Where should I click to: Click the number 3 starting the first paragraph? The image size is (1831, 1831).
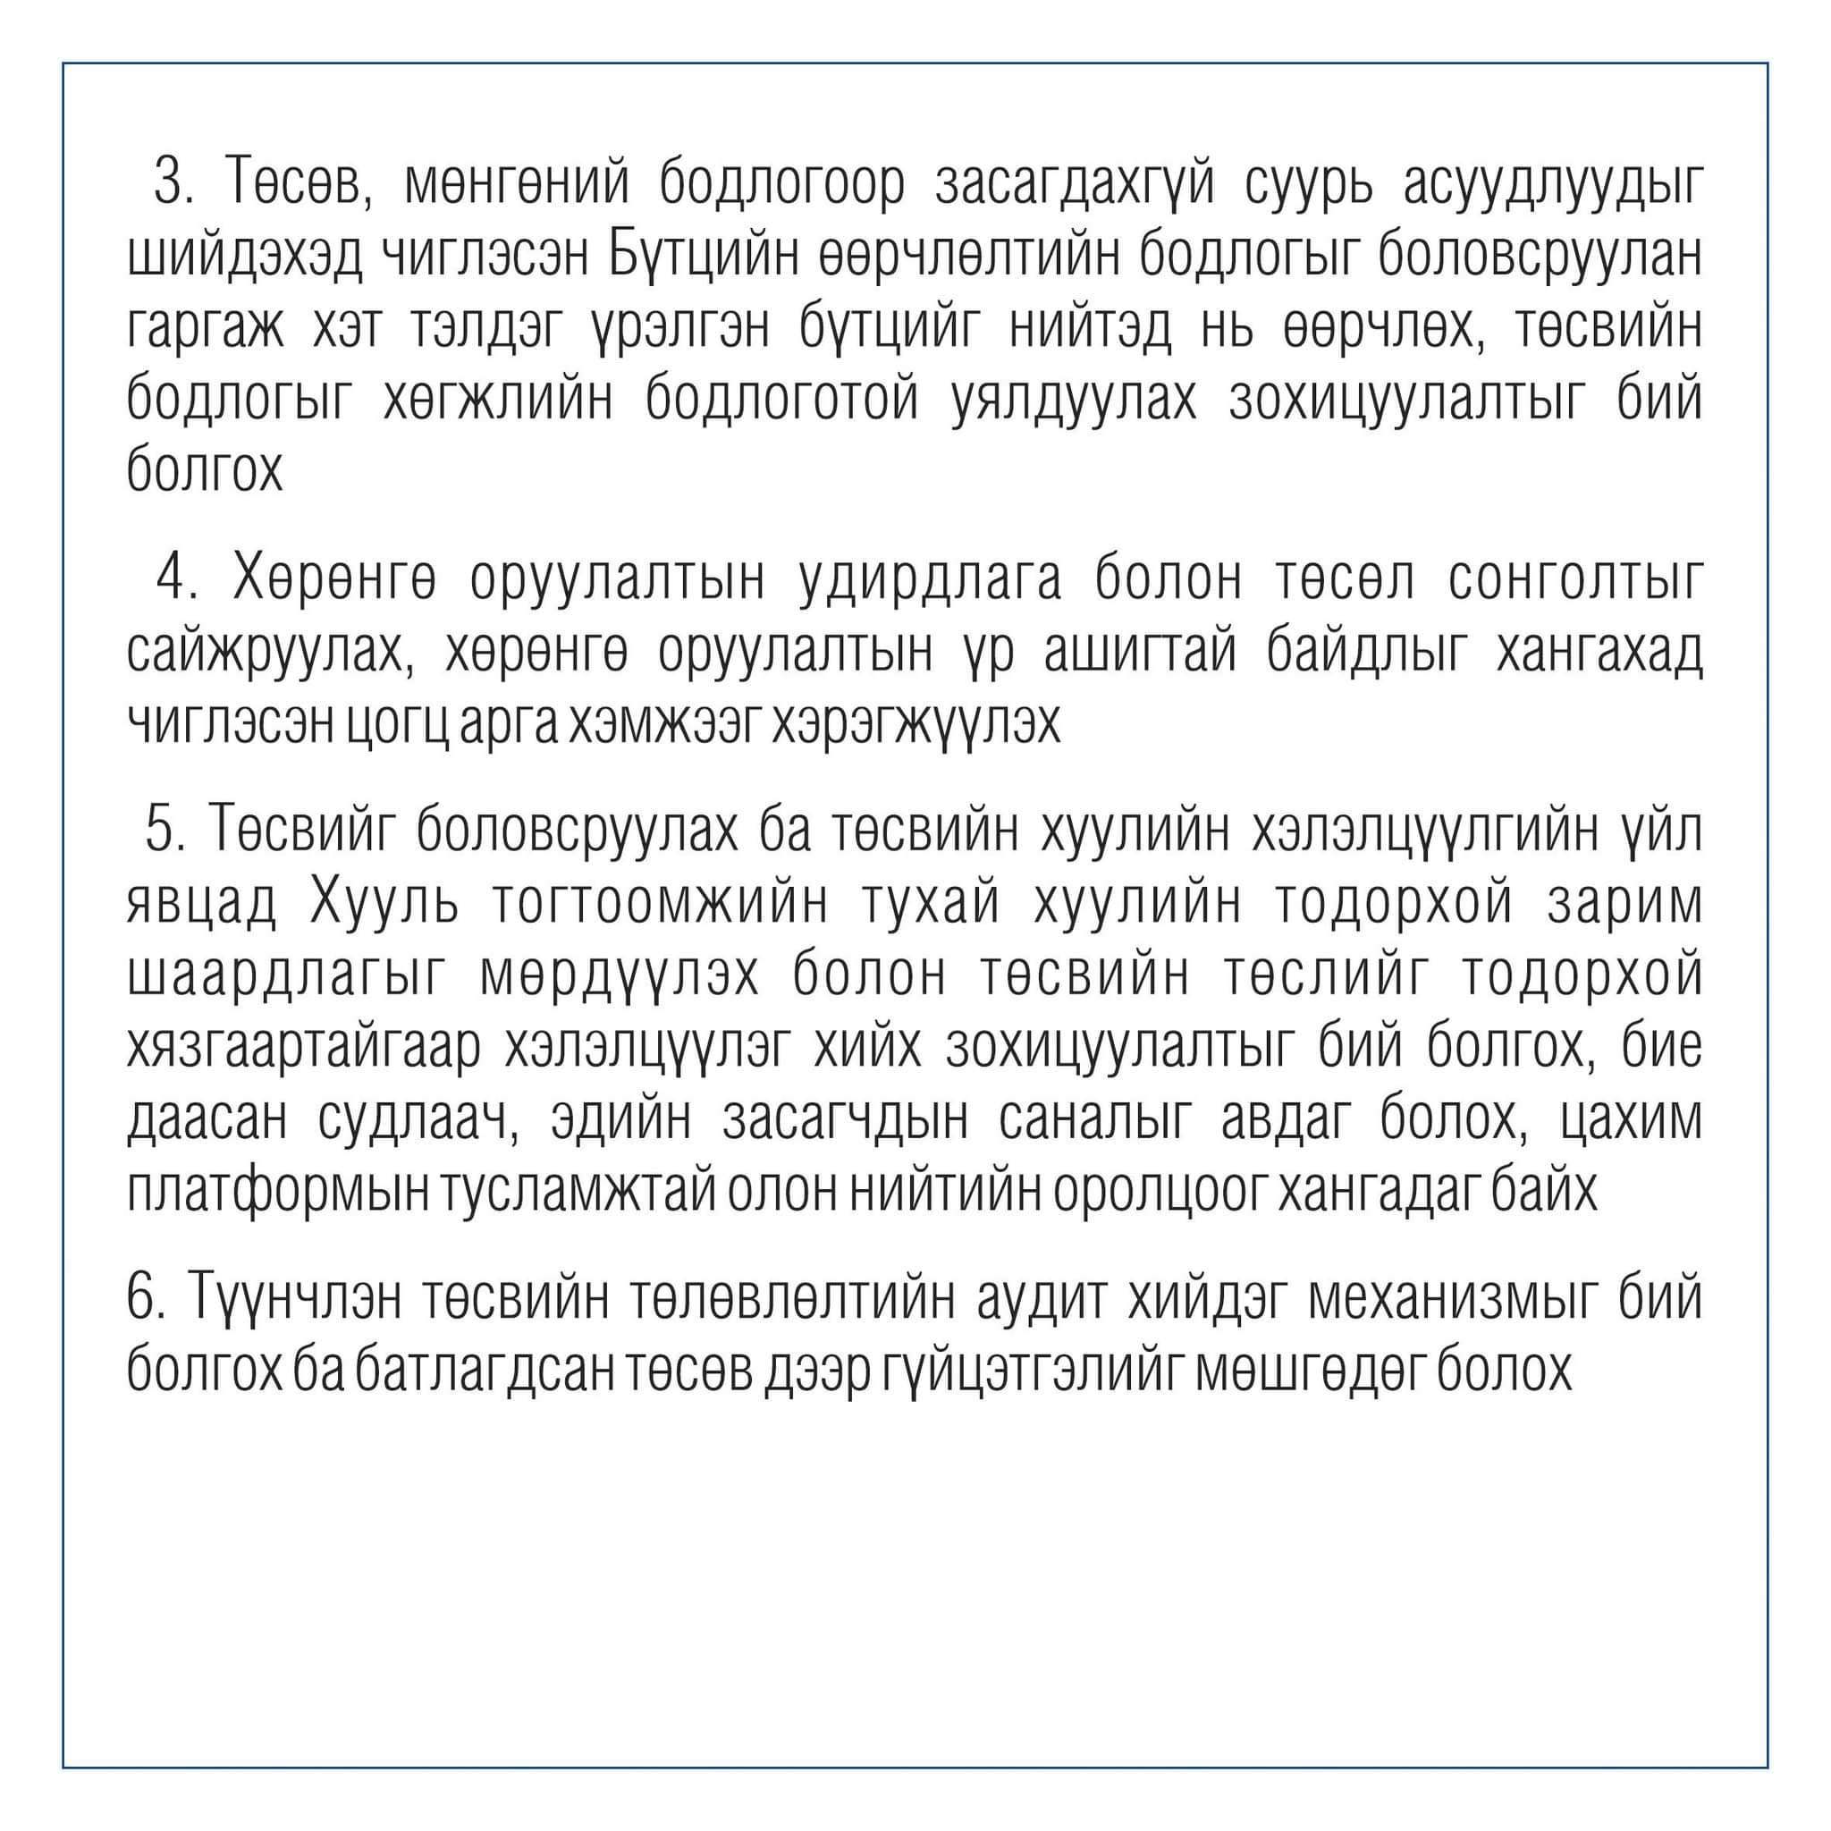coord(168,183)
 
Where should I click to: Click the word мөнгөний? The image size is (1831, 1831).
coord(517,183)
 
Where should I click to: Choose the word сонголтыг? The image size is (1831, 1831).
coord(1574,577)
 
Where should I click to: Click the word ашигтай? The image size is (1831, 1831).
coord(1140,652)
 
